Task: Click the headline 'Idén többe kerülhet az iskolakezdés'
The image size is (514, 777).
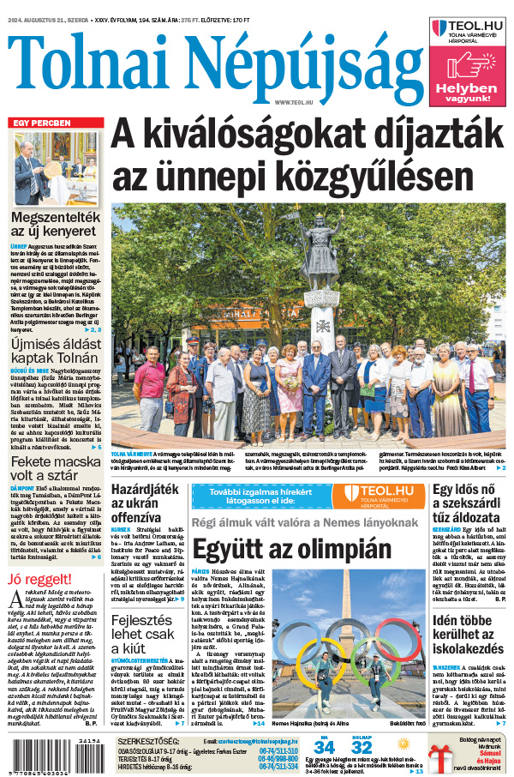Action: tap(469, 656)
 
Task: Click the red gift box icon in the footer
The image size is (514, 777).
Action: tap(443, 758)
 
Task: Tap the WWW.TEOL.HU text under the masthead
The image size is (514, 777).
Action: tap(291, 101)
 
